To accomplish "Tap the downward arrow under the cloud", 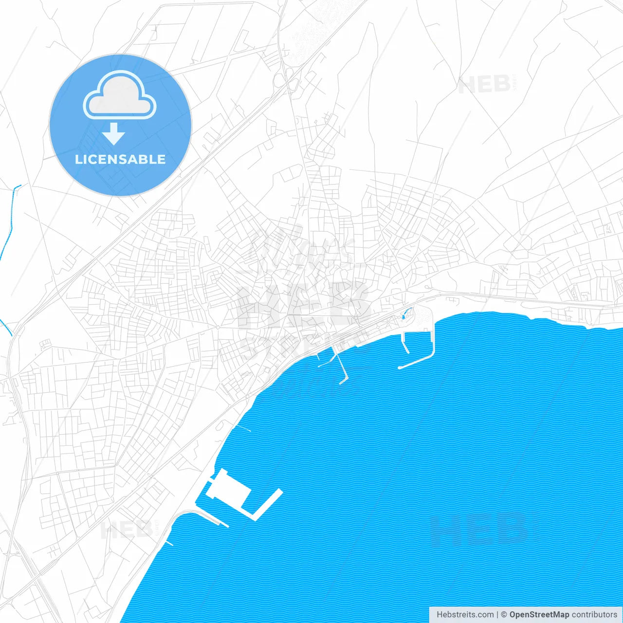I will [114, 133].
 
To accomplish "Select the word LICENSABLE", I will [120, 159].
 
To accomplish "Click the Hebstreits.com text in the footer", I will [465, 615].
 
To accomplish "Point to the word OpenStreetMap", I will [539, 615].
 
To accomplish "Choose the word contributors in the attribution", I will [594, 615].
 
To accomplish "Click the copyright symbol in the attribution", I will [504, 615].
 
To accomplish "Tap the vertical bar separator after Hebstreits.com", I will [497, 615].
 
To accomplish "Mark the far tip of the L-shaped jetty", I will [280, 492].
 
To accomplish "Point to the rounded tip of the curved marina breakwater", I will [400, 367].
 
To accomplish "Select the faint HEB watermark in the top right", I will [484, 85].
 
